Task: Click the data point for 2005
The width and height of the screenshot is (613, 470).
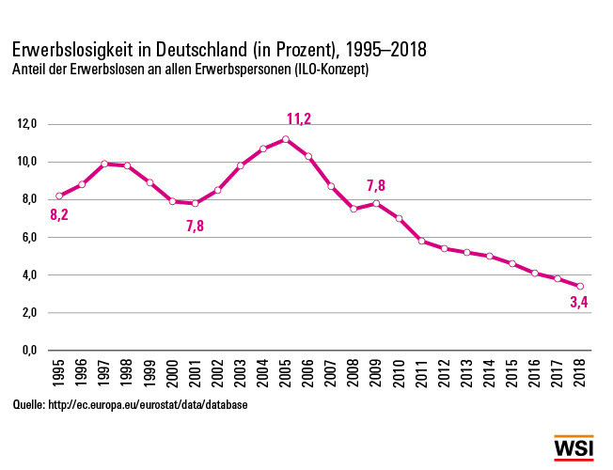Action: (285, 139)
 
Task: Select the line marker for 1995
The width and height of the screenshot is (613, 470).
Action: (58, 196)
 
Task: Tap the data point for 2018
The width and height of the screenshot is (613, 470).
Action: (580, 287)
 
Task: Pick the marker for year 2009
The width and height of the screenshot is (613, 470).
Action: (376, 203)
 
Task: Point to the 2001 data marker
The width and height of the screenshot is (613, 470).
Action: (195, 203)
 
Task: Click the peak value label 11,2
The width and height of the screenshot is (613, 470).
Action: (298, 118)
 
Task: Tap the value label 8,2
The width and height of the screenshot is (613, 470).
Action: (59, 214)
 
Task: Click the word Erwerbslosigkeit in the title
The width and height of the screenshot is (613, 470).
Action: (71, 49)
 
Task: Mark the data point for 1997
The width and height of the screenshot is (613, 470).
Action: (104, 164)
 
